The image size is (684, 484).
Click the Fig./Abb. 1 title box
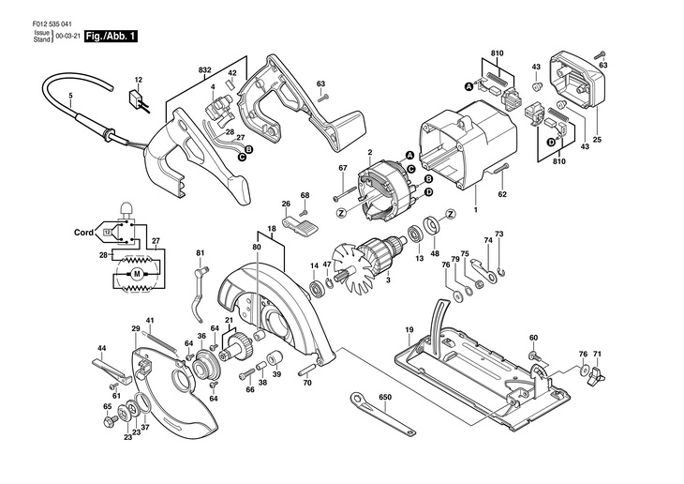point(111,37)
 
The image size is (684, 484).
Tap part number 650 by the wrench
point(385,398)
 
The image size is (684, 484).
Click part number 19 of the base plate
point(409,330)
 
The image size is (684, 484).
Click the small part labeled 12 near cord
point(136,99)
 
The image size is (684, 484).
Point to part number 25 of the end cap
point(597,140)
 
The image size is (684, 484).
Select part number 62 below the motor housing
point(502,195)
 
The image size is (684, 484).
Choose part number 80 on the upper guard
point(255,247)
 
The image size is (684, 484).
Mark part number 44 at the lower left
point(102,349)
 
